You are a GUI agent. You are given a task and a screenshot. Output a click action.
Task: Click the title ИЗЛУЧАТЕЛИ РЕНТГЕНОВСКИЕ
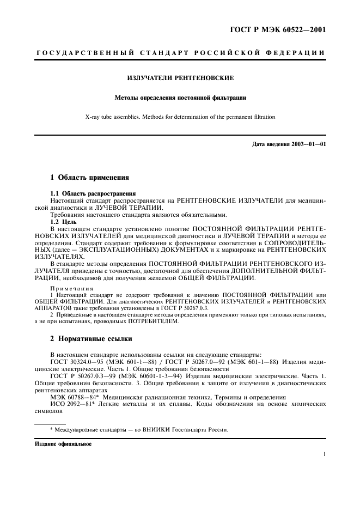coord(180,78)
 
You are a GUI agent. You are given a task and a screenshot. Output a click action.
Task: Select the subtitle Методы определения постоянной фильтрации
coord(180,98)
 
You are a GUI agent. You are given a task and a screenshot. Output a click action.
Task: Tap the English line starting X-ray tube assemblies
coord(180,117)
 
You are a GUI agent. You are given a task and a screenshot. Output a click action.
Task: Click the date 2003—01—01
coord(308,144)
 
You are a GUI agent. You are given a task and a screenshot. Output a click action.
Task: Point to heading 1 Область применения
coord(90,177)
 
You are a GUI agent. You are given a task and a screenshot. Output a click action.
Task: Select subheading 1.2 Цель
coord(64,222)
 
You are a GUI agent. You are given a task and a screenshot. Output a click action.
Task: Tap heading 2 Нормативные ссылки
coord(91,339)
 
